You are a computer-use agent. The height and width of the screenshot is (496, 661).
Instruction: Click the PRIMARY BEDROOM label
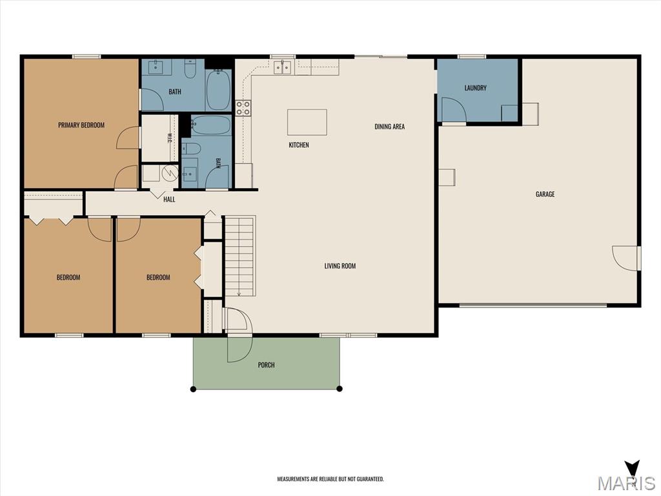81,125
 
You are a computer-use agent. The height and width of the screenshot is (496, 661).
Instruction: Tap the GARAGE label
545,194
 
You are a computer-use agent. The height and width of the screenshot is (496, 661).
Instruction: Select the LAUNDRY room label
476,88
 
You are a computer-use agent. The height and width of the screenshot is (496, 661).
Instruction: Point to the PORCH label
266,365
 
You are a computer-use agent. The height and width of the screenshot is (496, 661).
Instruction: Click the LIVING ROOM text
340,265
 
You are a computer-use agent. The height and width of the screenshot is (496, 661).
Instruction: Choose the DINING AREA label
389,126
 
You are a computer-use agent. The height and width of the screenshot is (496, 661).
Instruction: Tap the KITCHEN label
299,145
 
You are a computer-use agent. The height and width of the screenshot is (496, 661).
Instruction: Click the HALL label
169,199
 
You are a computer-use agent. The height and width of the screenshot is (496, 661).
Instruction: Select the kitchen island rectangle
307,122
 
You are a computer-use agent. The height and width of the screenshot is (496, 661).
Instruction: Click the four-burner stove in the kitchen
243,108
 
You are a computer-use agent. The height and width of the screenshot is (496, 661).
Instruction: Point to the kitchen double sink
282,67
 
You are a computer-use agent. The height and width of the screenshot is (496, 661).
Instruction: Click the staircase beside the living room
239,256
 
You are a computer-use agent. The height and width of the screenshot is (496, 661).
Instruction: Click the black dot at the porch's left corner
193,389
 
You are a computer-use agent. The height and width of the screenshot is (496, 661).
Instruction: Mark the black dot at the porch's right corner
340,388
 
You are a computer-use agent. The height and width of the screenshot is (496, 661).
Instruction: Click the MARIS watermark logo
627,477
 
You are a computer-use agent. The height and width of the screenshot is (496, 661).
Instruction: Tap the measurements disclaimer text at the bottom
330,479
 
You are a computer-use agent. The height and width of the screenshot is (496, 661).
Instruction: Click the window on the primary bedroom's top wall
86,57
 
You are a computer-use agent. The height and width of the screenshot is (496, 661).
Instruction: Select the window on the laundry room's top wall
472,57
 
